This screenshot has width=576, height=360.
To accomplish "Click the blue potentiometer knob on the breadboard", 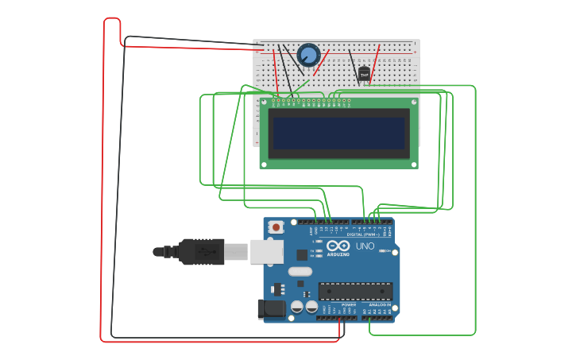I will pos(308,55).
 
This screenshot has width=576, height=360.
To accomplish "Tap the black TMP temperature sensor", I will pos(364,74).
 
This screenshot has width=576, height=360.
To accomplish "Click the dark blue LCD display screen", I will pos(338,133).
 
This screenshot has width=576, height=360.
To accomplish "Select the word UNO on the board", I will pos(365,246).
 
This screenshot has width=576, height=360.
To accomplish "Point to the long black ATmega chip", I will pos(355,292).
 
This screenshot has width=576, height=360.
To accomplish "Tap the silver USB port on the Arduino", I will pos(266,251).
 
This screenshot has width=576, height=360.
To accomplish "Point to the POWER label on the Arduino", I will pos(348,304).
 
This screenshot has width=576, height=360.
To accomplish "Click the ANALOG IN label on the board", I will pos(377,304).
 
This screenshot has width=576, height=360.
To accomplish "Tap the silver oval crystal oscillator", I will pos(300,272).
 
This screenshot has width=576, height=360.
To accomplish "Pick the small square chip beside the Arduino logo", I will pos(302,255).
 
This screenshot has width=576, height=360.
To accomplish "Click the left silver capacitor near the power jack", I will pos(297,306).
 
